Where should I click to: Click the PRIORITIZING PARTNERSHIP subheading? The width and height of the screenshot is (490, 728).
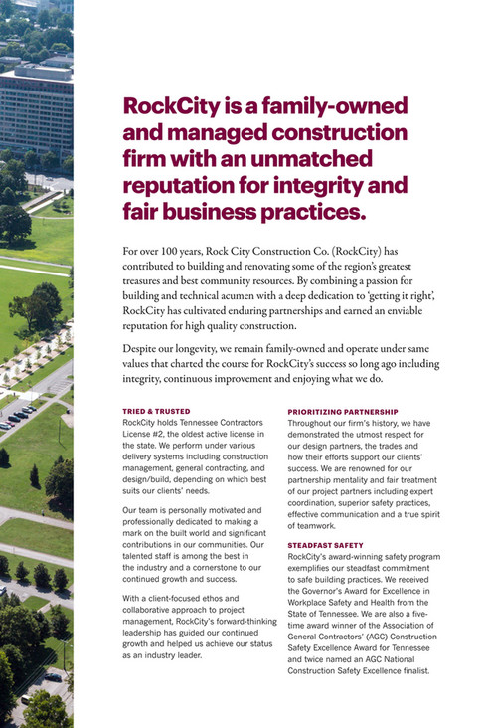(342, 411)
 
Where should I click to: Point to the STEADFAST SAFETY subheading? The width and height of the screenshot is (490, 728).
(325, 545)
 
